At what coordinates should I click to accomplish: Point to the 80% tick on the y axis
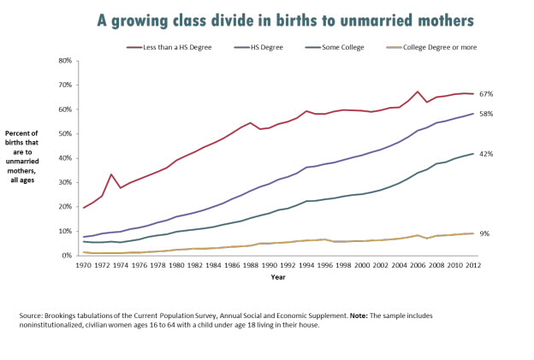click(65, 61)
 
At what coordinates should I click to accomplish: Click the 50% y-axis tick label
click(65, 133)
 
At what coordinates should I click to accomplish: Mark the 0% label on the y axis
click(67, 256)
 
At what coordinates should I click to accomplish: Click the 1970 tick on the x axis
click(84, 265)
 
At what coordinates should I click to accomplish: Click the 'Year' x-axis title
click(278, 277)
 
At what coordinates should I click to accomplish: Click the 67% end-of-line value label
click(486, 94)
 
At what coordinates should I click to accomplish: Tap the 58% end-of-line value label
click(486, 114)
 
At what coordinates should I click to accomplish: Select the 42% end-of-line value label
click(486, 154)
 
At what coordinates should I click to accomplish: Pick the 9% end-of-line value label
click(484, 233)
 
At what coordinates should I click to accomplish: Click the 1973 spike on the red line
click(111, 174)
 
